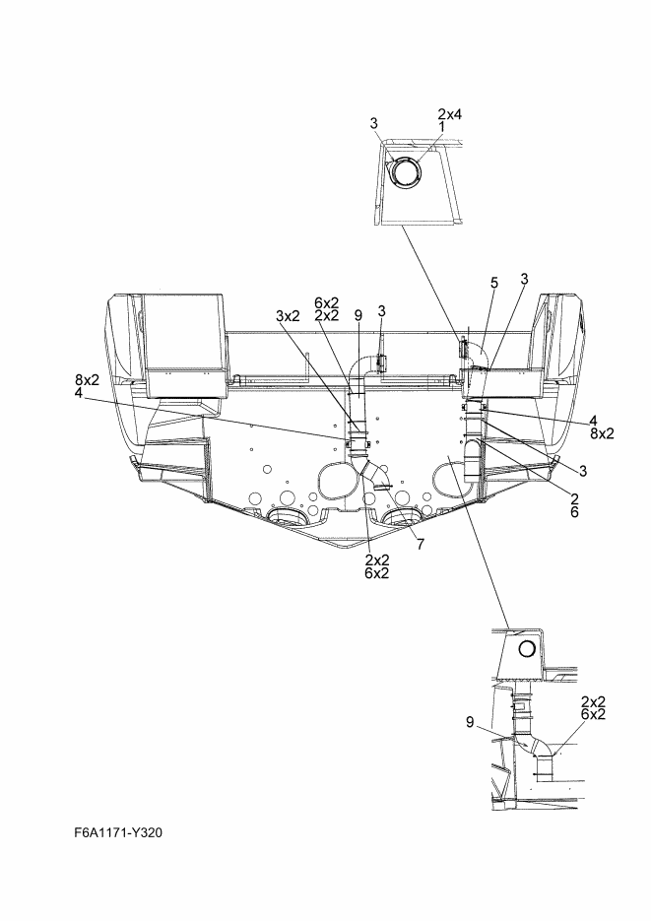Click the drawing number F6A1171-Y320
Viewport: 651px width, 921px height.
click(118, 832)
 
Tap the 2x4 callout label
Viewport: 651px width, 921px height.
click(450, 114)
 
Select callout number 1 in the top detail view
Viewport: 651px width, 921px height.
click(441, 126)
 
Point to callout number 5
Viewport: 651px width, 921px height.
click(494, 283)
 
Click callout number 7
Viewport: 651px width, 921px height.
click(421, 545)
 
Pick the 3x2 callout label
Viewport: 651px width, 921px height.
click(289, 316)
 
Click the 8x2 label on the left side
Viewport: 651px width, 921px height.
click(87, 379)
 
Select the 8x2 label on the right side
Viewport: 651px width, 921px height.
click(603, 433)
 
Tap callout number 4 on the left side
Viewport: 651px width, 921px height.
click(79, 392)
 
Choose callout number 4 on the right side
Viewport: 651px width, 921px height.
click(594, 421)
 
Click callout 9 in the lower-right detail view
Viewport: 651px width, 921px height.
click(470, 722)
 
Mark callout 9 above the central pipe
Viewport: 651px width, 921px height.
click(358, 315)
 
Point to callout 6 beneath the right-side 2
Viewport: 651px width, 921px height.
click(574, 512)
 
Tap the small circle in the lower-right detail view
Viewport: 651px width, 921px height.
click(527, 649)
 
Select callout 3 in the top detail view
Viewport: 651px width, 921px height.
click(374, 123)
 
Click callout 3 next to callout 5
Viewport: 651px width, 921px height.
click(524, 279)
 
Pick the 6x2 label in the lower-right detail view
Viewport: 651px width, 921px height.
click(594, 714)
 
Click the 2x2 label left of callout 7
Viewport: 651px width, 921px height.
click(377, 560)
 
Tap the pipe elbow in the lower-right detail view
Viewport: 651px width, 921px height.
click(536, 746)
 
